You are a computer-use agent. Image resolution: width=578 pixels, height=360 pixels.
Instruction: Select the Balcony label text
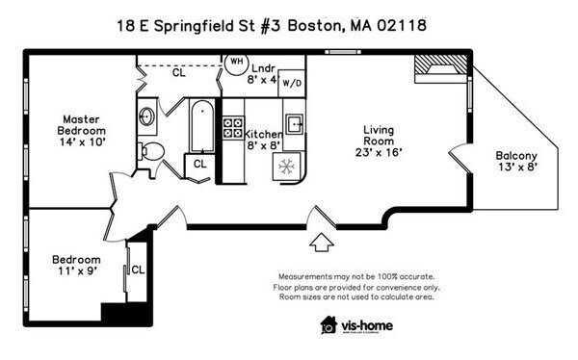[x=516, y=161]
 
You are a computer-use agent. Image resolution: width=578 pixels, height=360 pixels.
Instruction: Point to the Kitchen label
[x=262, y=140]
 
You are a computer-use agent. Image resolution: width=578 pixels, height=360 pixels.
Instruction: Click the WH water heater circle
[x=236, y=62]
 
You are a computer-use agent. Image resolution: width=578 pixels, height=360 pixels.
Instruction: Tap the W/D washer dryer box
[x=292, y=83]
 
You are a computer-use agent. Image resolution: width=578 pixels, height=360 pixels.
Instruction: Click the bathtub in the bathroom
[x=199, y=126]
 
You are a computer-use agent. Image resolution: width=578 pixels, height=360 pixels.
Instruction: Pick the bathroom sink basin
[x=147, y=118]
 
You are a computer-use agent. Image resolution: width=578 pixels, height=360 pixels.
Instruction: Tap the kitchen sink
[x=294, y=124]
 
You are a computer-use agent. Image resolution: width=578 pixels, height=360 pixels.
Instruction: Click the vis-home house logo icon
[x=329, y=325]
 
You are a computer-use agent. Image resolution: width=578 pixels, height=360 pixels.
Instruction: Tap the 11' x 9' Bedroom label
[x=76, y=266]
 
